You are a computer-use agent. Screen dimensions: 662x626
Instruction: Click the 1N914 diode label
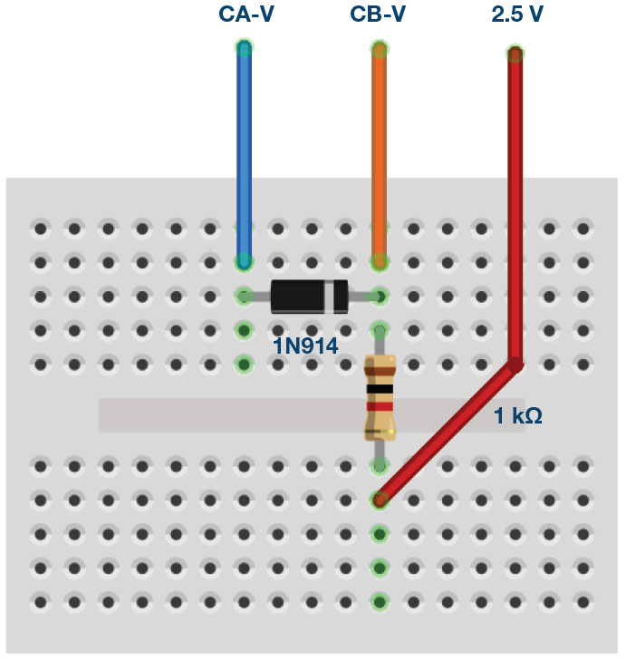pos(305,345)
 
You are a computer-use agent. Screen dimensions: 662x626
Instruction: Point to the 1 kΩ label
pos(518,416)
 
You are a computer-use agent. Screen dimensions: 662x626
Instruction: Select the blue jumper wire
pos(244,154)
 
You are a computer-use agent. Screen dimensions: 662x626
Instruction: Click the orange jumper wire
pos(380,154)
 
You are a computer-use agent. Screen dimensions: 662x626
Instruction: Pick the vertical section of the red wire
pos(515,209)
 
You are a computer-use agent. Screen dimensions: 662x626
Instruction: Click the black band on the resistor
pos(380,389)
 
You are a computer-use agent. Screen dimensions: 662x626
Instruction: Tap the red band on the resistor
pos(380,407)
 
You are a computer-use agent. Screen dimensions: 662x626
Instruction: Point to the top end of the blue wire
pos(244,47)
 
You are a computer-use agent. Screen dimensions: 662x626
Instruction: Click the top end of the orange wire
pos(380,48)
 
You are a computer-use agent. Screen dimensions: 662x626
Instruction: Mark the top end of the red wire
pos(515,54)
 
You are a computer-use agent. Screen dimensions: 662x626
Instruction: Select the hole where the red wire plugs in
pos(380,499)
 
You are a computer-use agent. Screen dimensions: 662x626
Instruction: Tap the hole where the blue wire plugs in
pos(244,262)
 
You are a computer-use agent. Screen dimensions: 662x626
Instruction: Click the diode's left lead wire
pos(257,296)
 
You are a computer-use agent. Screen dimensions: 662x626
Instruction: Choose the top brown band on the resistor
pos(380,369)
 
